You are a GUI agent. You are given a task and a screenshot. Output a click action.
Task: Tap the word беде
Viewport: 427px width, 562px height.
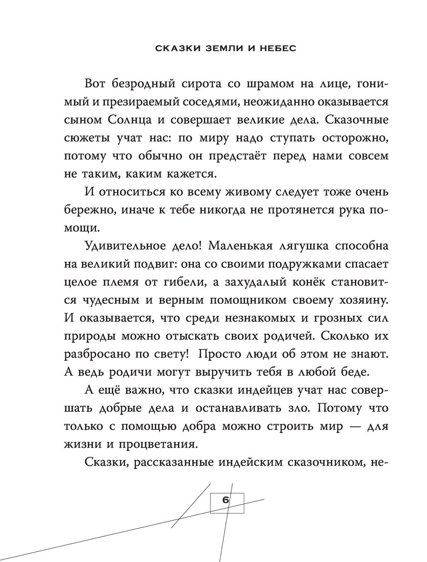point(352,372)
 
